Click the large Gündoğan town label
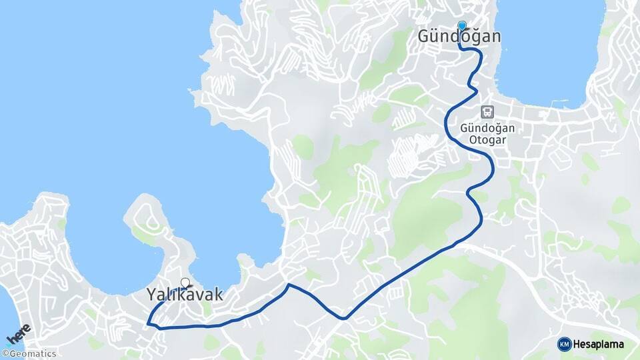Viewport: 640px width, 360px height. (x=459, y=36)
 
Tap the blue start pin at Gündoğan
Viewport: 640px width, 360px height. (x=461, y=26)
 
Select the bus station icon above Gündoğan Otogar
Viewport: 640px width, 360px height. (x=488, y=112)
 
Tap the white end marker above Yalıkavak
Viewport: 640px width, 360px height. (x=185, y=283)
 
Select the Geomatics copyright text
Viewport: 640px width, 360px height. (x=32, y=354)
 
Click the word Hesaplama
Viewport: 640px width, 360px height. (x=599, y=344)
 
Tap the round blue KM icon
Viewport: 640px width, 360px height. (x=564, y=344)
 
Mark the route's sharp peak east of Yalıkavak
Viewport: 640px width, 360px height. (x=289, y=285)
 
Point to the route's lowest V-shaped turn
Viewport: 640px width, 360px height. (x=344, y=319)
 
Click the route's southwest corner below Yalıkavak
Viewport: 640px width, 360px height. (x=149, y=324)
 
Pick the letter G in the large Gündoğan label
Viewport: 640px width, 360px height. (x=425, y=36)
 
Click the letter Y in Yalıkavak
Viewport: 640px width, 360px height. (x=151, y=293)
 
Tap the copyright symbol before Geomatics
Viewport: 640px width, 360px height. (x=5, y=354)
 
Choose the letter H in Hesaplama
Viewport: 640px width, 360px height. (x=578, y=344)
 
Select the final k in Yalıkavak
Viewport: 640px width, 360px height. (x=208, y=293)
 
